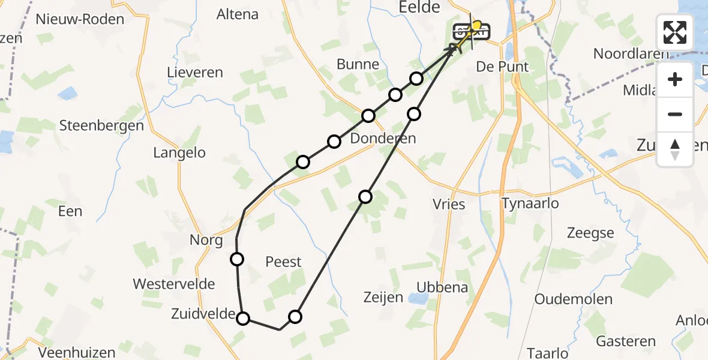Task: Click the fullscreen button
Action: click(675, 32)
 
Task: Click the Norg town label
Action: click(206, 241)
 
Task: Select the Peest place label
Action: click(283, 262)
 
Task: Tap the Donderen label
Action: click(383, 139)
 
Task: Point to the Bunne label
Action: click(358, 64)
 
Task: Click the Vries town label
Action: click(449, 204)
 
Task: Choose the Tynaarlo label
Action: click(529, 203)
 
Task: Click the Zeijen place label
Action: click(383, 297)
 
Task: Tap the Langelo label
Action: click(179, 152)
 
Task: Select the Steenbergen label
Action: click(102, 126)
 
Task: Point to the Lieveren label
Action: click(195, 73)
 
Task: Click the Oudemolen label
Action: click(573, 299)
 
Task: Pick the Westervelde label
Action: click(174, 284)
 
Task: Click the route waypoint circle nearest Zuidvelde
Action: click(243, 318)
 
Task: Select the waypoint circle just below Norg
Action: click(237, 259)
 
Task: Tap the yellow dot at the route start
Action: click(477, 25)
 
